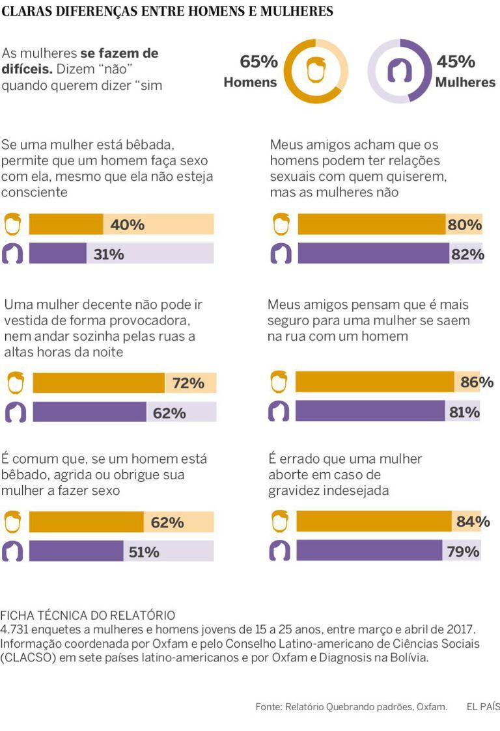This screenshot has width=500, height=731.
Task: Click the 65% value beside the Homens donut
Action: pos(258,62)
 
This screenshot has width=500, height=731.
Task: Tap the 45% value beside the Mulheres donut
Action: pos(455,62)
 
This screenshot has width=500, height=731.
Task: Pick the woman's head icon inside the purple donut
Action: pos(399,71)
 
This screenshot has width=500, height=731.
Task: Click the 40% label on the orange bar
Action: pos(127,224)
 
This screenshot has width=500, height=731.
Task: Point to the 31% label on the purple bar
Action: pos(109,254)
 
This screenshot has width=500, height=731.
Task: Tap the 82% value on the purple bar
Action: pos(467,254)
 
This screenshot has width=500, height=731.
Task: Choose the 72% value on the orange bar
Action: pos(188,384)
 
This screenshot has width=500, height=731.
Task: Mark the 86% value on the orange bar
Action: pos(477,382)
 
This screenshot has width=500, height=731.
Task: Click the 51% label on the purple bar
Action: pos(144,552)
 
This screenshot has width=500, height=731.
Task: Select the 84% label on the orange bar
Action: pos(473,522)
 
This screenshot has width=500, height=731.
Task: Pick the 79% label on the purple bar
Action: pos(464,552)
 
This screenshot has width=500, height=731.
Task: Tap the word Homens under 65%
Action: pos(250,83)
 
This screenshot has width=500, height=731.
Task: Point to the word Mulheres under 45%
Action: pos(465,83)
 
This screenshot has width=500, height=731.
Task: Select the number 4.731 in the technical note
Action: pos(17,630)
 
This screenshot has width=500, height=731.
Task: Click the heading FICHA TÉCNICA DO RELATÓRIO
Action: pos(88,615)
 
